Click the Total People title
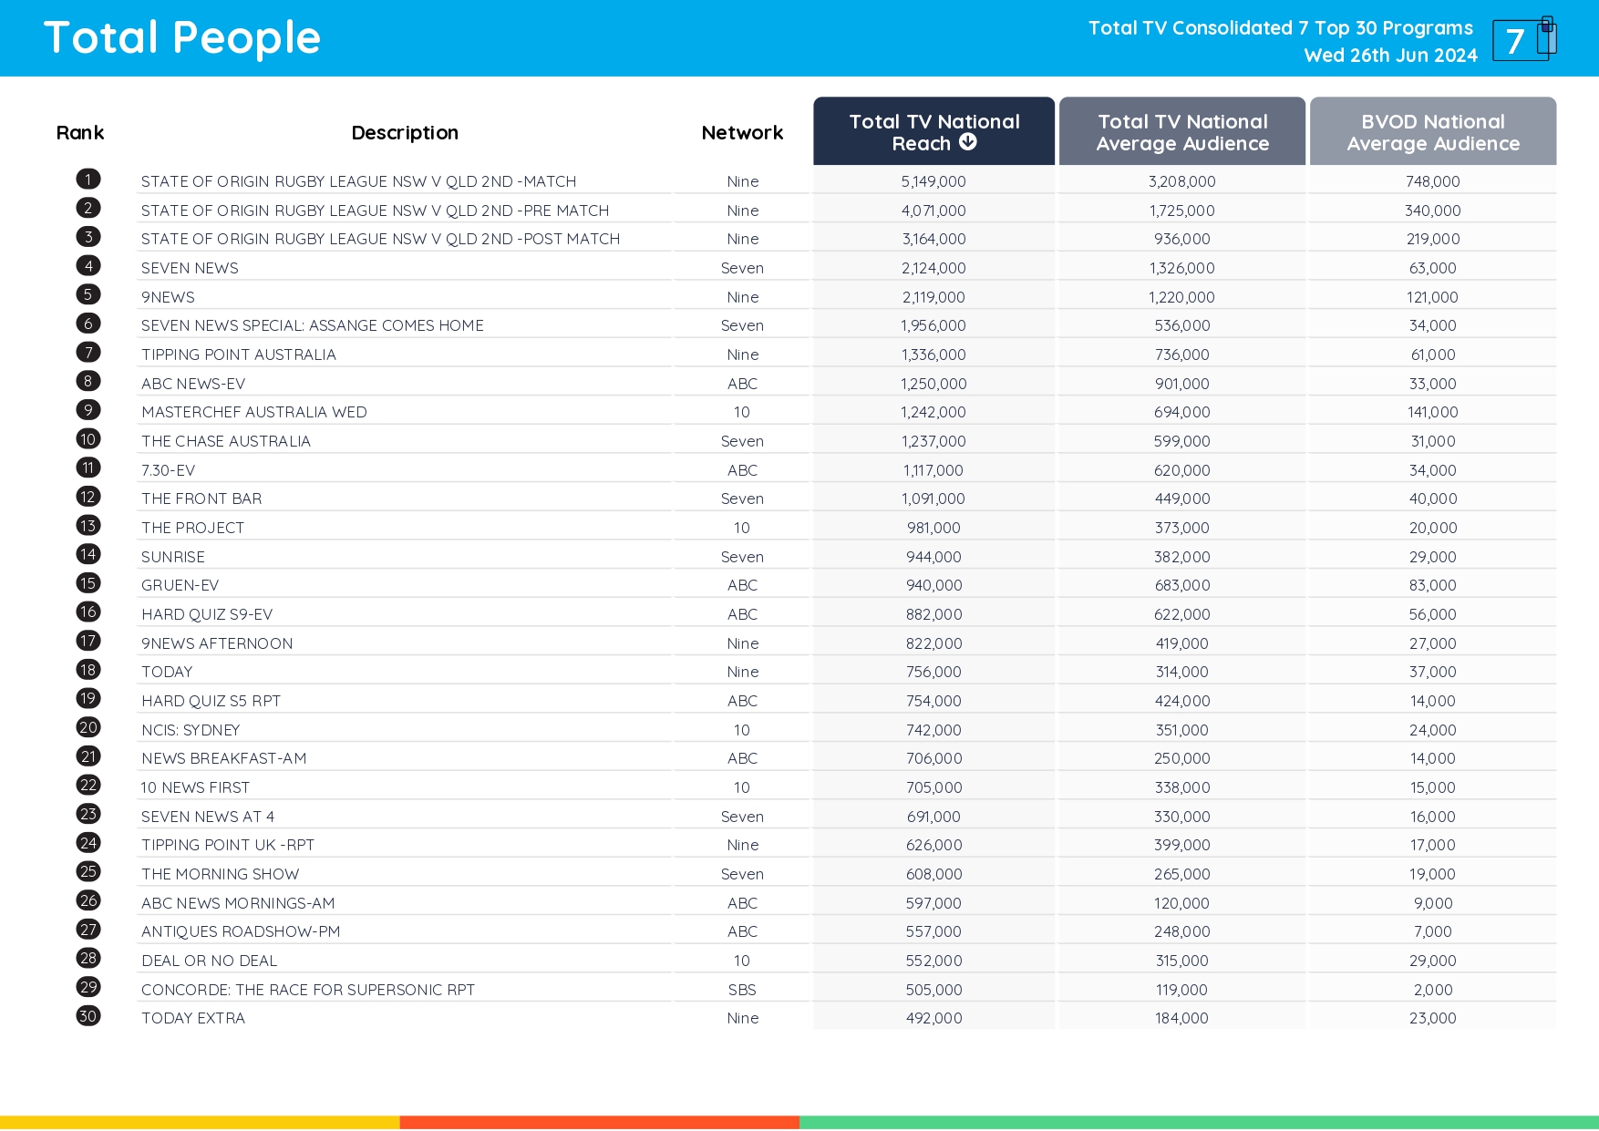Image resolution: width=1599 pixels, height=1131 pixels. [x=182, y=38]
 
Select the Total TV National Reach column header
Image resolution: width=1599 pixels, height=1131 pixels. [x=934, y=131]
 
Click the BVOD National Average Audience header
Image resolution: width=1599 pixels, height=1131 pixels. [x=1432, y=132]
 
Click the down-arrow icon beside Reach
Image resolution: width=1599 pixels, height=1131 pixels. [x=968, y=142]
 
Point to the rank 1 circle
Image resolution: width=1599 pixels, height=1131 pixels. [x=88, y=180]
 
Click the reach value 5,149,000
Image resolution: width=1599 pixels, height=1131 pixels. [x=934, y=181]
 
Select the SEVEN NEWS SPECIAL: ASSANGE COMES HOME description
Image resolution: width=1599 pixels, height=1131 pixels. [x=312, y=325]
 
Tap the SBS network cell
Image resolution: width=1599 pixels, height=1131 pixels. [x=742, y=990]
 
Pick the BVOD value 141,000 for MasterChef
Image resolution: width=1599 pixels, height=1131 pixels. [x=1432, y=412]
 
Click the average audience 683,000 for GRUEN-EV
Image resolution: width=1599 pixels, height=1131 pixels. [x=1181, y=585]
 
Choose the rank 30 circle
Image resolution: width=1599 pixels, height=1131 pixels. [x=88, y=1016]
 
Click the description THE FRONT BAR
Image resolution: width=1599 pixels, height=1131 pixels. [x=201, y=499]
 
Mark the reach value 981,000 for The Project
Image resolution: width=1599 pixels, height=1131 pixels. [x=934, y=528]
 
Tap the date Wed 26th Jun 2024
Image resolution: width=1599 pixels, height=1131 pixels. [x=1390, y=56]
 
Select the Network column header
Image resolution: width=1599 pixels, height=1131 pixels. [x=742, y=133]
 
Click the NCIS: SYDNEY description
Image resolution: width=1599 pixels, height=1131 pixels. [x=191, y=730]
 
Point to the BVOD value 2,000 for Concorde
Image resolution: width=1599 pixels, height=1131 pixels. [x=1432, y=990]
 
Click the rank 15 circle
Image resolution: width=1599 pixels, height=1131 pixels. [x=88, y=583]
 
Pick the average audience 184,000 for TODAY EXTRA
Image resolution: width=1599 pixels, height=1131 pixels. [x=1181, y=1018]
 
